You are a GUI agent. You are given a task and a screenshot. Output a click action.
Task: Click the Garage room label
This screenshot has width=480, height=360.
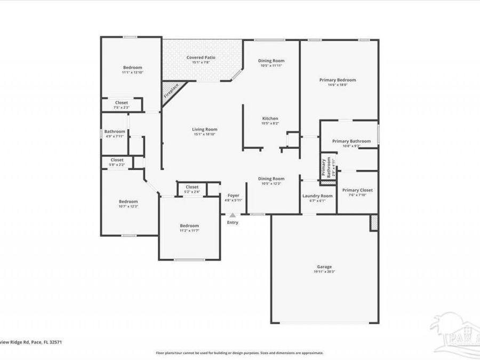point(324,267)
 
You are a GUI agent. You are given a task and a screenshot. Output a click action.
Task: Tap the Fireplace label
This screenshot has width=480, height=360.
point(171,91)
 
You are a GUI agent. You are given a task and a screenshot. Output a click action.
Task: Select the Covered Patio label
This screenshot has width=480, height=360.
point(201,58)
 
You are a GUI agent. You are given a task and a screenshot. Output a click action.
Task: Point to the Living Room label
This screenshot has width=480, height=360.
point(205,129)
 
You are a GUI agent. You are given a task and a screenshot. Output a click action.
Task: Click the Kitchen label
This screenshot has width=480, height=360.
point(270,118)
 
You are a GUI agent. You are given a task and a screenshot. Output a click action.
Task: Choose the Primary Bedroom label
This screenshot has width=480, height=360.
point(338,80)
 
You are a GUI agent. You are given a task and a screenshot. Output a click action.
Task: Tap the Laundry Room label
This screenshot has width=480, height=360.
point(317,196)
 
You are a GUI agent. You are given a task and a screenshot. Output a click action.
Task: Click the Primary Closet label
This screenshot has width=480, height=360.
point(357,190)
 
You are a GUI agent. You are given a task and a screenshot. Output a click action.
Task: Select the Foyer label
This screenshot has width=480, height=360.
point(233,196)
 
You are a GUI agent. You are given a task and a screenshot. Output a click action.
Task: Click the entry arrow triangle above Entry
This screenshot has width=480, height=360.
point(233,214)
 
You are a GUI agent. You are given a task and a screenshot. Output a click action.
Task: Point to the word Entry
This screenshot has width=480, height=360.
point(233,222)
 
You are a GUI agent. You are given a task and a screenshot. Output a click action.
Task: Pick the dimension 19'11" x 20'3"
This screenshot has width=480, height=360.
point(324,272)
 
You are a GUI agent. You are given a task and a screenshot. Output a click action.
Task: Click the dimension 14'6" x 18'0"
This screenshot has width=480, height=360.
point(338,85)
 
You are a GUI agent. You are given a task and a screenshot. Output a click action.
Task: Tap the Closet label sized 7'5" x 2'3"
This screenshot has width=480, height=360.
point(122,102)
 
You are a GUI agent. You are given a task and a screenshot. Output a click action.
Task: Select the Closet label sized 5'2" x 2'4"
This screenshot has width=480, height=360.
point(191,187)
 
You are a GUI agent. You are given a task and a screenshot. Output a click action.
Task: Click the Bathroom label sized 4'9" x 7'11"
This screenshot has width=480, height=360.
point(115,132)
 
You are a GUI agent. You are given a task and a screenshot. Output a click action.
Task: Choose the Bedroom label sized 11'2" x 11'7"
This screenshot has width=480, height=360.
point(189,226)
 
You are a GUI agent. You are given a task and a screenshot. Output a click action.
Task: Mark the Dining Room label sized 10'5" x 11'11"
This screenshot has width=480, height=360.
point(271,61)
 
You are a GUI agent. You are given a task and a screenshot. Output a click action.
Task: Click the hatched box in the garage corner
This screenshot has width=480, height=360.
point(374,223)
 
